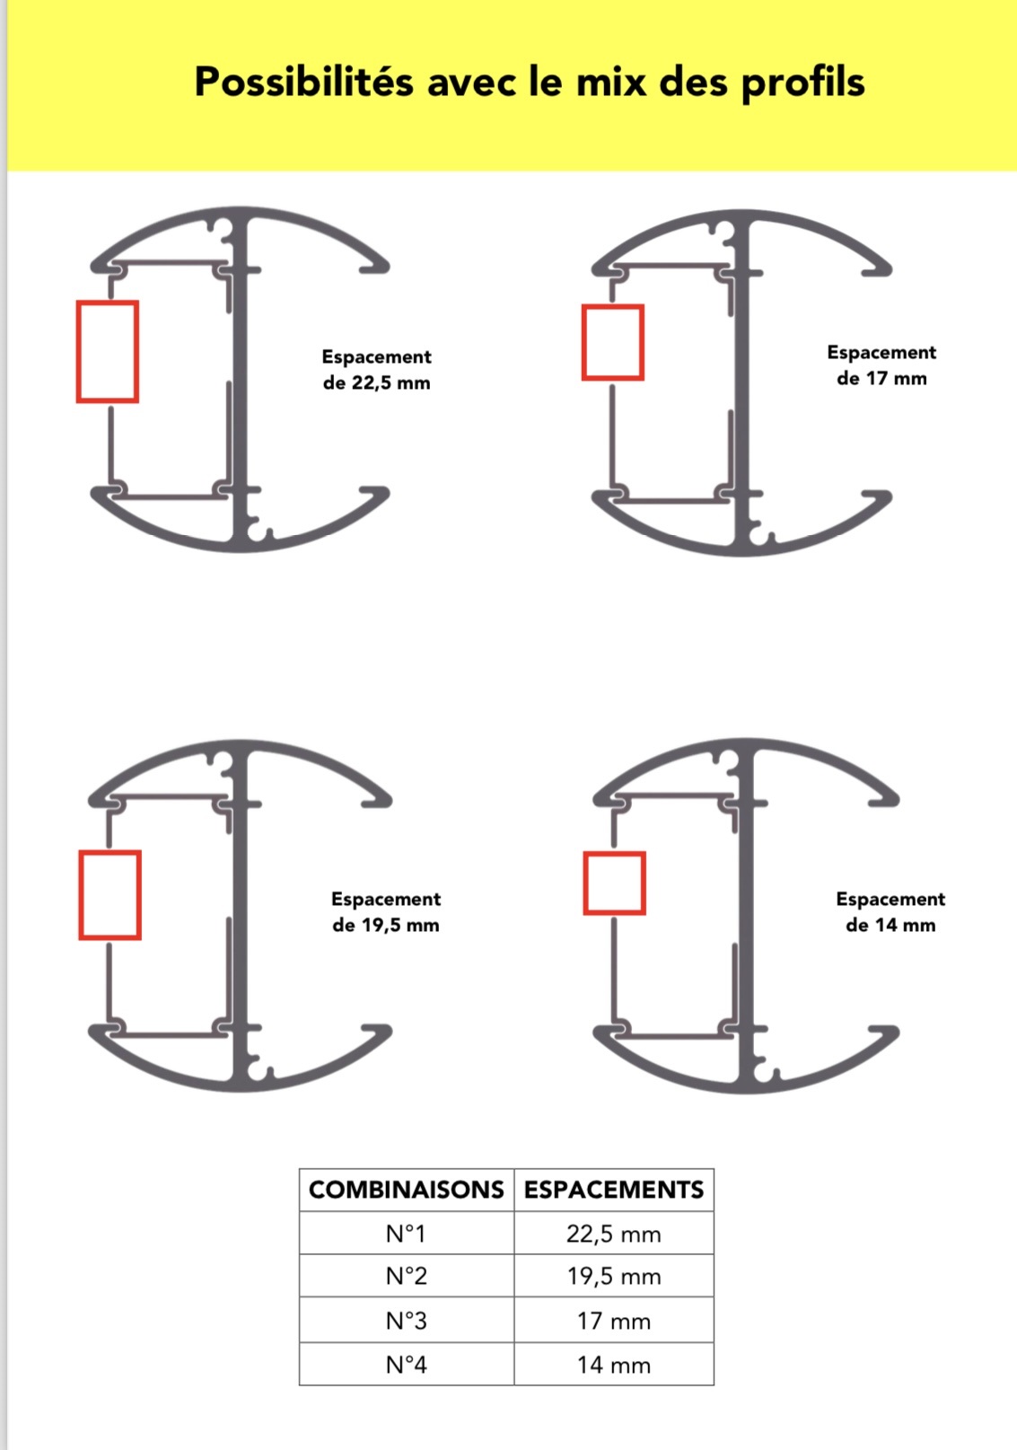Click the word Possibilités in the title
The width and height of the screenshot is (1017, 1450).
pyautogui.click(x=303, y=83)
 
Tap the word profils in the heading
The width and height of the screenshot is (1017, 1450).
pyautogui.click(x=802, y=83)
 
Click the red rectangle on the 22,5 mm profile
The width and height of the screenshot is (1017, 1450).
pyautogui.click(x=78, y=351)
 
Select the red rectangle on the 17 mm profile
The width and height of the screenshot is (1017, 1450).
pyautogui.click(x=583, y=342)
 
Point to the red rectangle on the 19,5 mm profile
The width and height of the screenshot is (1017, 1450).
pyautogui.click(x=80, y=894)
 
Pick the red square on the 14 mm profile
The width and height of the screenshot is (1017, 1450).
pyautogui.click(x=585, y=883)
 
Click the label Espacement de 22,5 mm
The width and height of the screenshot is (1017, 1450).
pyautogui.click(x=377, y=370)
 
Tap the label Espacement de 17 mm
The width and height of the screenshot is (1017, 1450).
pyautogui.click(x=881, y=365)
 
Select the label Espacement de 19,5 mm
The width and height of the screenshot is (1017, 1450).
pyautogui.click(x=386, y=911)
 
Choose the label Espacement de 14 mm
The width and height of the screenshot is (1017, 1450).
pyautogui.click(x=890, y=911)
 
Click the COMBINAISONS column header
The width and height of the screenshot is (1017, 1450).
pyautogui.click(x=407, y=1190)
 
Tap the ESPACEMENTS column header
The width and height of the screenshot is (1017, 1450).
pyautogui.click(x=614, y=1190)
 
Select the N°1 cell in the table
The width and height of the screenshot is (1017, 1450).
pyautogui.click(x=407, y=1234)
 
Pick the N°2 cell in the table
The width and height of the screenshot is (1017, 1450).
pyautogui.click(x=407, y=1276)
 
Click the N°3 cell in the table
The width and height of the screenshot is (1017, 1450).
pyautogui.click(x=407, y=1321)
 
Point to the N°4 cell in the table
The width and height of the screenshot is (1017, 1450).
pyautogui.click(x=407, y=1365)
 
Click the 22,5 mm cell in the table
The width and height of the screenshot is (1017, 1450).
pyautogui.click(x=614, y=1234)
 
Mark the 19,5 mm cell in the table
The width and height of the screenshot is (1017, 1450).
pyautogui.click(x=614, y=1276)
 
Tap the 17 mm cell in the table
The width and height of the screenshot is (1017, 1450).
pyautogui.click(x=614, y=1321)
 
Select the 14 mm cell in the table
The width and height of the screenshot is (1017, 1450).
pyautogui.click(x=614, y=1365)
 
